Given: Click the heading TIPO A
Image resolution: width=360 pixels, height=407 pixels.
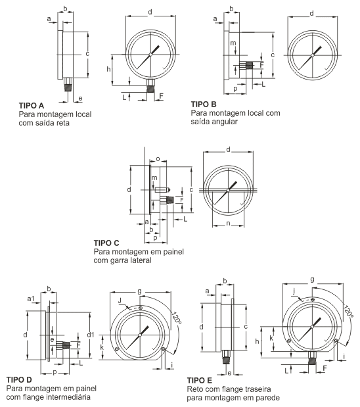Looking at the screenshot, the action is tap(32, 106).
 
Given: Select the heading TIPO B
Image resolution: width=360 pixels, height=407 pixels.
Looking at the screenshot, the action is tap(204, 105).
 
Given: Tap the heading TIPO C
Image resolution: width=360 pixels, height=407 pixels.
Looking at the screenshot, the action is tap(106, 243).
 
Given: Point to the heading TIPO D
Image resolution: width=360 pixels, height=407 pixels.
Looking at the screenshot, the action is tap(19, 380).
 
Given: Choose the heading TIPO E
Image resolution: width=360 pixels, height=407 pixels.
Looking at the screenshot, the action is tap(200, 381).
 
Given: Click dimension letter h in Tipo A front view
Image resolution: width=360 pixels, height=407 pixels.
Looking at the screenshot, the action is tap(108, 69).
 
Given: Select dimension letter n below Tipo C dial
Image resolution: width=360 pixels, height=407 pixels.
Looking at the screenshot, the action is tap(228, 224).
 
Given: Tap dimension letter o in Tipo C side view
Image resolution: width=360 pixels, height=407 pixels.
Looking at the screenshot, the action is tap(158, 159).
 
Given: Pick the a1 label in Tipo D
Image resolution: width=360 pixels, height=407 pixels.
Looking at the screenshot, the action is tap(31, 299).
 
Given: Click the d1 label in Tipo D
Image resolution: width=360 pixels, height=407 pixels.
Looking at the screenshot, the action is tap(91, 335).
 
